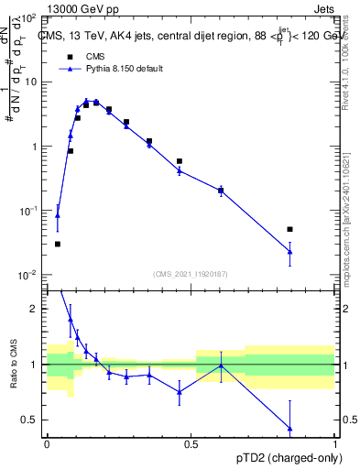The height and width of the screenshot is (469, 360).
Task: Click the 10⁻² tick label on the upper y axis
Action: pos(30,275)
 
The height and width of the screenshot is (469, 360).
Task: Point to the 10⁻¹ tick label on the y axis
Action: pos(30,211)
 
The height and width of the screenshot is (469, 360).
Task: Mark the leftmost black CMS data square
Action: pos(58,244)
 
